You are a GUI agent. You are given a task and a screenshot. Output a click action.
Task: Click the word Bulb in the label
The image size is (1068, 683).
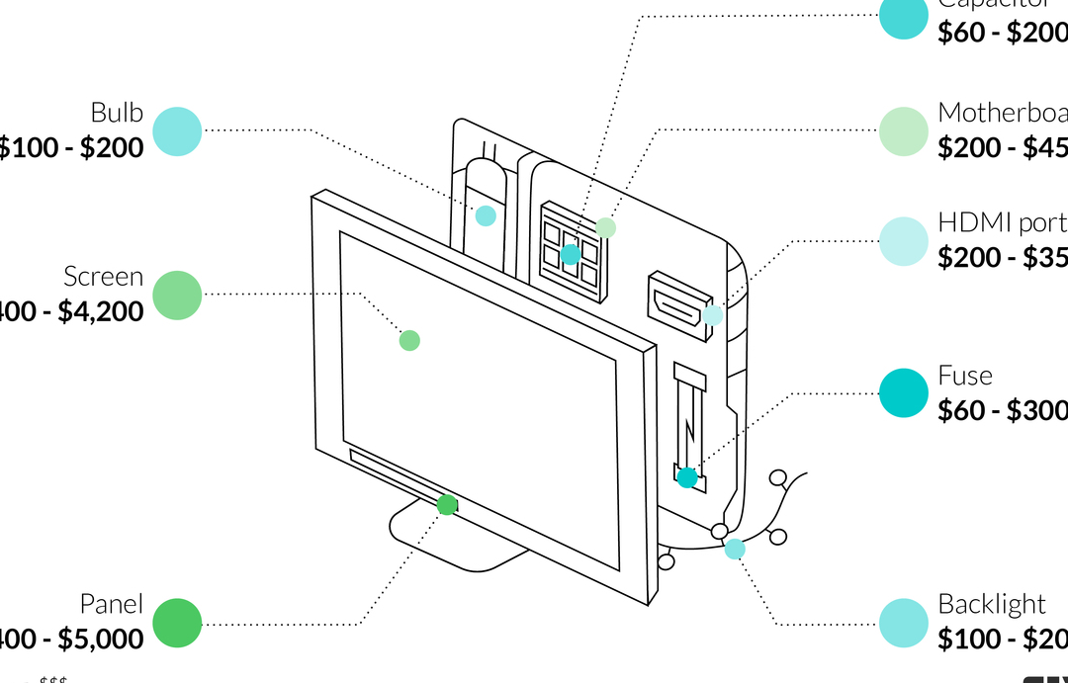click(117, 113)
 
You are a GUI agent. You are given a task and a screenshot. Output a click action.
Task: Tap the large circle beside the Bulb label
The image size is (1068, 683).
click(177, 131)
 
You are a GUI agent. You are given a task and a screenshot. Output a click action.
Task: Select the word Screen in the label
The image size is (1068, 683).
click(103, 276)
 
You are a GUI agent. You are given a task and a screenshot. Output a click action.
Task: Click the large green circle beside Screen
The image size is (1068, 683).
click(177, 295)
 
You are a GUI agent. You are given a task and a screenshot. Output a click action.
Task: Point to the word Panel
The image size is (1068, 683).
click(111, 604)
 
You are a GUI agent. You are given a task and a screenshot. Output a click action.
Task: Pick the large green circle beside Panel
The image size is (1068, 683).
click(177, 624)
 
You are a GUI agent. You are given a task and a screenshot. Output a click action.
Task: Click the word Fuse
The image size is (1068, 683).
click(964, 376)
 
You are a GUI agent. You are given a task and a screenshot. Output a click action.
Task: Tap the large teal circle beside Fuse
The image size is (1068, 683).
click(904, 393)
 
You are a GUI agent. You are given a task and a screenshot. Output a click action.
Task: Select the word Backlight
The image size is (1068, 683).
click(991, 604)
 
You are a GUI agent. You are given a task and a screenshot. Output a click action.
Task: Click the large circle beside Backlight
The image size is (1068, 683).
click(904, 624)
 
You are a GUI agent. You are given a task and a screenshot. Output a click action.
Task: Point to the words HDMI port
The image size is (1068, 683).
click(1002, 222)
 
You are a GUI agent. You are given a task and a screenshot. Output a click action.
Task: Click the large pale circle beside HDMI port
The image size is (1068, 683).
click(904, 241)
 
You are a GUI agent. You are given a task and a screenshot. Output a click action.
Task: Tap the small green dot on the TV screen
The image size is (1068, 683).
click(409, 340)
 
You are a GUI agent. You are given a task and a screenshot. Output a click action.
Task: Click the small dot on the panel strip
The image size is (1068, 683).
click(447, 505)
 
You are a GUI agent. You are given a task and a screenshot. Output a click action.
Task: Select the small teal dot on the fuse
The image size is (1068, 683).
click(686, 478)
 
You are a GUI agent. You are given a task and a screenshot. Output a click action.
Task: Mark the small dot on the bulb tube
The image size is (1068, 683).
click(486, 215)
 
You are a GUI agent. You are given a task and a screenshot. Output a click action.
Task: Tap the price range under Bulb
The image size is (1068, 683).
click(71, 148)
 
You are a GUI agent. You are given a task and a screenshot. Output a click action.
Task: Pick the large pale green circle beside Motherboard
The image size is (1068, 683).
click(904, 131)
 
